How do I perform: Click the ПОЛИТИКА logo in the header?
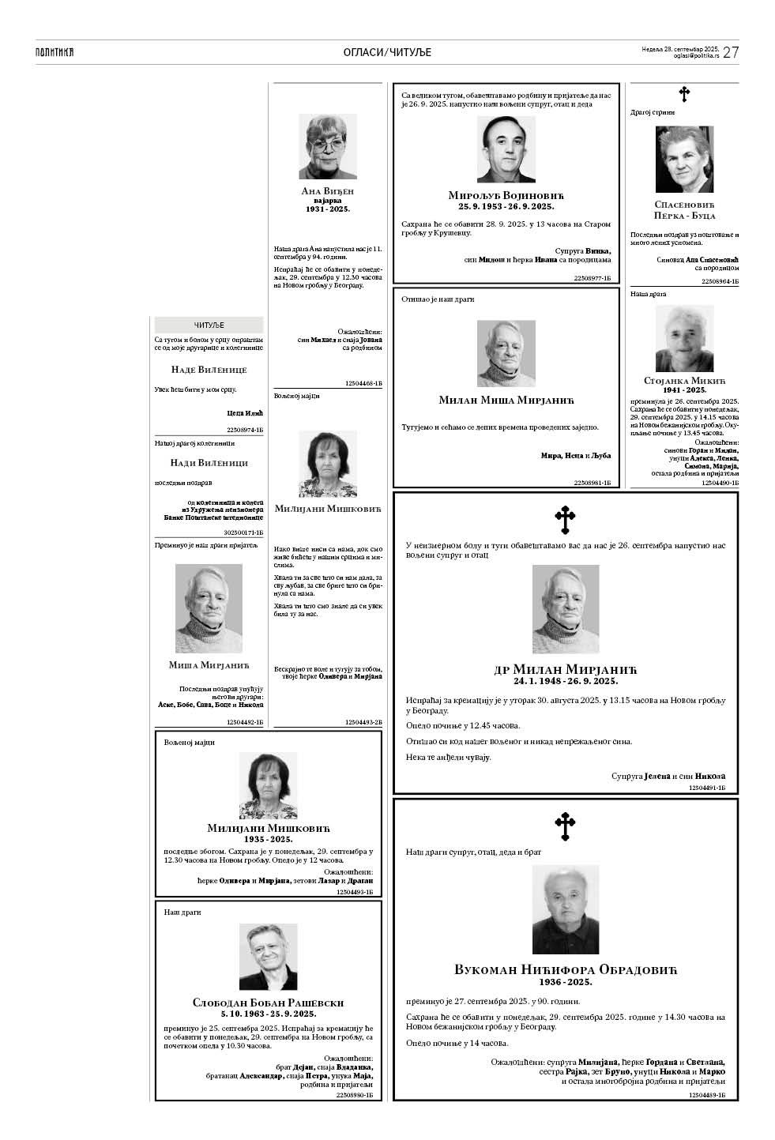click(55, 52)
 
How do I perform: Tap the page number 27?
click(731, 52)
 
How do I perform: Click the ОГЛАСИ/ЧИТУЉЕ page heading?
click(387, 52)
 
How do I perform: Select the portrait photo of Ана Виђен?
click(327, 146)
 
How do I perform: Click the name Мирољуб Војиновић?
click(506, 195)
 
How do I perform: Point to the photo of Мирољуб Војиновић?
click(506, 149)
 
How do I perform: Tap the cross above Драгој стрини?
click(684, 95)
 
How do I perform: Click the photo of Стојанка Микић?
click(684, 338)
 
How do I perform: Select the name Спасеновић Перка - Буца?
click(684, 209)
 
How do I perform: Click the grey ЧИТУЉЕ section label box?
click(209, 325)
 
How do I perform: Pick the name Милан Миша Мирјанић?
click(506, 400)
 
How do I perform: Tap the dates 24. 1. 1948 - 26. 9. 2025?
click(565, 680)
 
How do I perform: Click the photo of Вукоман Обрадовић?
click(565, 909)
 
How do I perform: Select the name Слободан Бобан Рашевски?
click(269, 1003)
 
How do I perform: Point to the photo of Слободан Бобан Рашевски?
click(269, 957)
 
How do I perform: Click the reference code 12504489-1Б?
click(707, 1095)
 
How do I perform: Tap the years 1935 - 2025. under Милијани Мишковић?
click(269, 839)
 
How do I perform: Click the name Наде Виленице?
click(209, 370)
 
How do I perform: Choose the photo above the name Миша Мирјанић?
click(209, 608)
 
